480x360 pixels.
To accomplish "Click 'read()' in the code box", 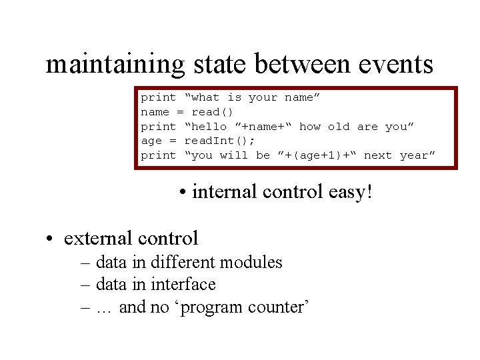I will click(x=212, y=112).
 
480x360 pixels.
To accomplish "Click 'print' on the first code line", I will click(x=158, y=98).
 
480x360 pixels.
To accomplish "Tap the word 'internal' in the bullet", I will click(x=224, y=193).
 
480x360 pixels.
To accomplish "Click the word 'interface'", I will click(x=183, y=285).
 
